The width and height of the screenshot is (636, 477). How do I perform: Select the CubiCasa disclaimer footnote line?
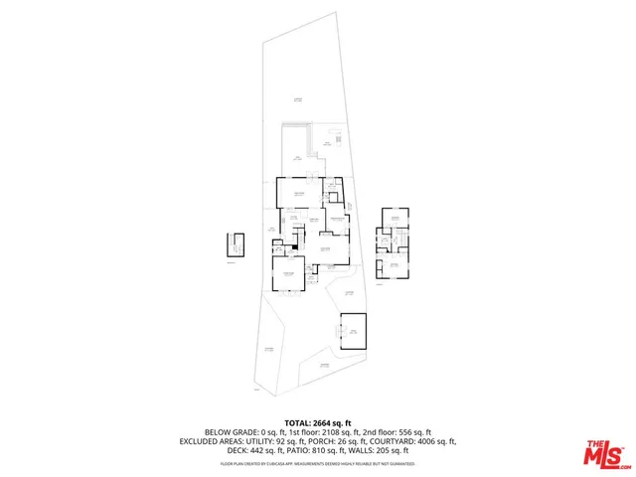(x=318, y=463)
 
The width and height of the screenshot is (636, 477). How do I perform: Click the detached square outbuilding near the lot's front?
(x=353, y=331)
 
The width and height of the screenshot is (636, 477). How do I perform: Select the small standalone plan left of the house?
(x=234, y=243)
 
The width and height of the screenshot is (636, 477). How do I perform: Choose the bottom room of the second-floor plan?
(x=394, y=266)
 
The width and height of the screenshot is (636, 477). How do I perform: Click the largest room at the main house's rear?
(x=297, y=193)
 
